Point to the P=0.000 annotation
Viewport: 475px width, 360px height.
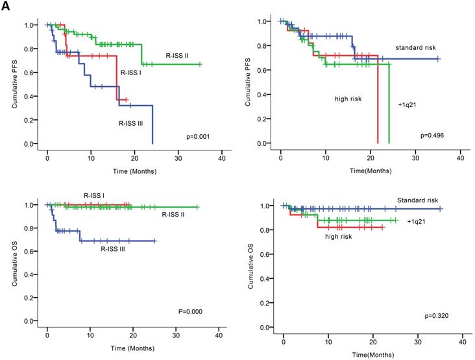click(x=192, y=311)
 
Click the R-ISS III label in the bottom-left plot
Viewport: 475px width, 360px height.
click(x=117, y=248)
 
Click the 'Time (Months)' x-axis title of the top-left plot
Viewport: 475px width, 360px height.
click(x=134, y=171)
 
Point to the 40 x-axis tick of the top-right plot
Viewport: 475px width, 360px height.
click(x=460, y=158)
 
